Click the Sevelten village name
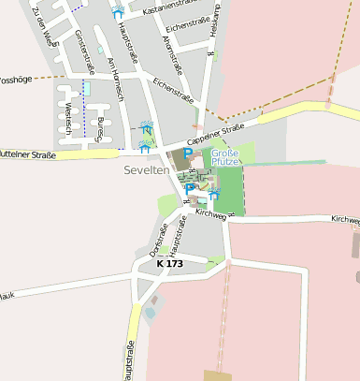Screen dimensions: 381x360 [146, 170]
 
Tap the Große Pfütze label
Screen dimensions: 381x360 [224, 157]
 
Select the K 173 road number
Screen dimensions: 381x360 [170, 264]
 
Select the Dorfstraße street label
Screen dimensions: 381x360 [158, 239]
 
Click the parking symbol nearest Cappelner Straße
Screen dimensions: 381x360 [187, 154]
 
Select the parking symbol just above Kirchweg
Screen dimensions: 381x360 [190, 189]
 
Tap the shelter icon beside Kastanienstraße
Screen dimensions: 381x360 [118, 12]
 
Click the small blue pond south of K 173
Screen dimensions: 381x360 [150, 313]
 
